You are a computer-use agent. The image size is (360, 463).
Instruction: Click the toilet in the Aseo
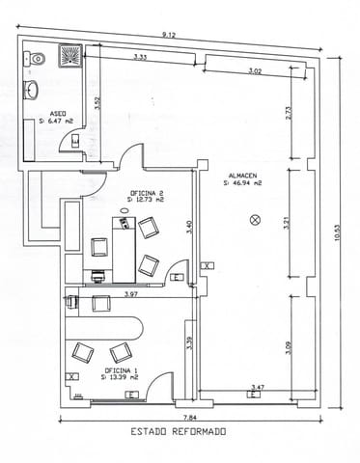37,59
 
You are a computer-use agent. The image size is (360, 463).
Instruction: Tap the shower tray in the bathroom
69,56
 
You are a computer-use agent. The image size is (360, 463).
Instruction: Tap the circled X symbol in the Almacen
255,220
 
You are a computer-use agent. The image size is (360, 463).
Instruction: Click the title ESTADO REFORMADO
178,432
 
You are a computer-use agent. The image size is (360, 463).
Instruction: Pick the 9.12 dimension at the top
169,36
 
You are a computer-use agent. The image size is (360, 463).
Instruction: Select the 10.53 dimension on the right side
337,234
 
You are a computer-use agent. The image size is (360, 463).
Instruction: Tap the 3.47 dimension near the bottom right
257,386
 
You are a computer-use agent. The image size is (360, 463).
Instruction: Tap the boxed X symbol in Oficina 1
71,376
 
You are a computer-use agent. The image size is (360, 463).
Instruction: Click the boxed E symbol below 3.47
251,395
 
